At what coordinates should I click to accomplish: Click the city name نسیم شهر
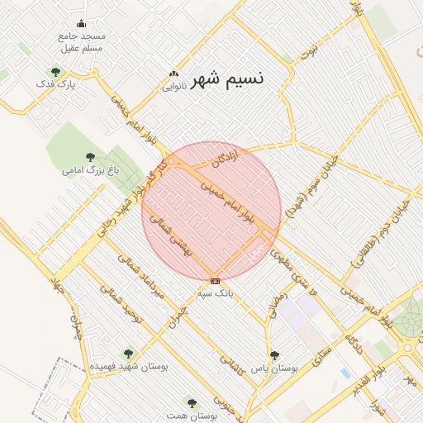pyautogui.click(x=228, y=79)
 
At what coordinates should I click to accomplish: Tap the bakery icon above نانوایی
pyautogui.click(x=173, y=74)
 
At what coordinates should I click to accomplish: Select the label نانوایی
pyautogui.click(x=173, y=86)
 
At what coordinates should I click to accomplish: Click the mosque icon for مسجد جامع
pyautogui.click(x=81, y=24)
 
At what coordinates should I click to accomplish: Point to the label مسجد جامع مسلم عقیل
pyautogui.click(x=82, y=42)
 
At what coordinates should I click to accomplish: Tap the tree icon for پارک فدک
pyautogui.click(x=55, y=72)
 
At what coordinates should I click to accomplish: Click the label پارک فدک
pyautogui.click(x=56, y=84)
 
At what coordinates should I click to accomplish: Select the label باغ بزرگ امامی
pyautogui.click(x=91, y=170)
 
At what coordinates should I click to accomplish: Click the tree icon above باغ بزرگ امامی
pyautogui.click(x=90, y=157)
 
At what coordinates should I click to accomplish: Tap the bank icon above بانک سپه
pyautogui.click(x=216, y=281)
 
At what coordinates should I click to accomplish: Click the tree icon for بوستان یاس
pyautogui.click(x=274, y=354)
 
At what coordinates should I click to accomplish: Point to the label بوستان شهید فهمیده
pyautogui.click(x=128, y=365)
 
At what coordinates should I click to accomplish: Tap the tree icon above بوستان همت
pyautogui.click(x=192, y=403)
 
